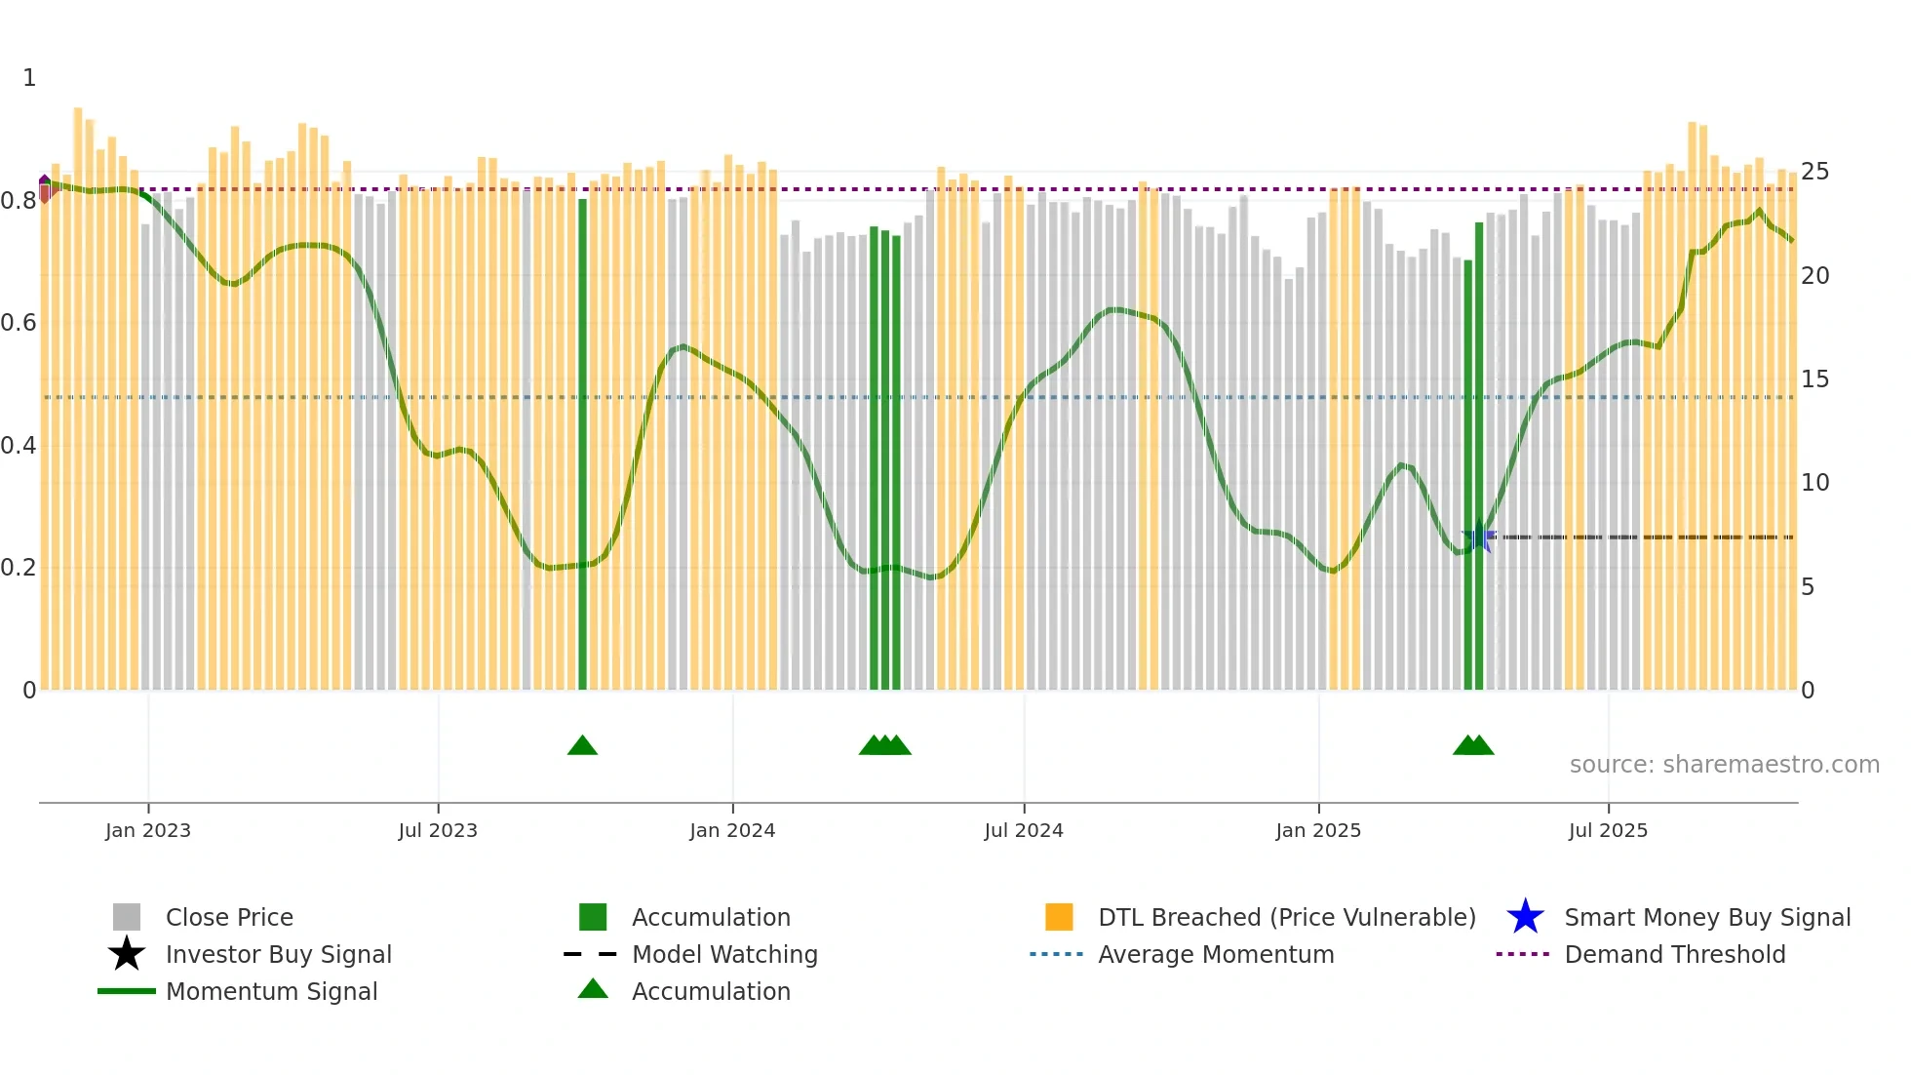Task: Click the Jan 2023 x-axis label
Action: pyautogui.click(x=148, y=830)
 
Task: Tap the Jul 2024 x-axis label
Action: pyautogui.click(x=1024, y=830)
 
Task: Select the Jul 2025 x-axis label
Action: pyautogui.click(x=1608, y=830)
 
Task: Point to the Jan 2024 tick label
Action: pyautogui.click(x=732, y=830)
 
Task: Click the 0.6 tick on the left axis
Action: pyautogui.click(x=19, y=323)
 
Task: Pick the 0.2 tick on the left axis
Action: pyautogui.click(x=19, y=568)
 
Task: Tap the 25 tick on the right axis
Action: pyautogui.click(x=1814, y=172)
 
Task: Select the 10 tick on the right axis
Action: pyautogui.click(x=1814, y=483)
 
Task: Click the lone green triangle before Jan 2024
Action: pyautogui.click(x=582, y=746)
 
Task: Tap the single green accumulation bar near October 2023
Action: pyautogui.click(x=583, y=444)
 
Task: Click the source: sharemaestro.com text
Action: pyautogui.click(x=1724, y=765)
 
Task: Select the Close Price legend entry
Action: pyautogui.click(x=229, y=918)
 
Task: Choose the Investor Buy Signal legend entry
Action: pyautogui.click(x=278, y=955)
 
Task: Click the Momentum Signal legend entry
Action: pyautogui.click(x=271, y=992)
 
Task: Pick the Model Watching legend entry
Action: pyautogui.click(x=724, y=955)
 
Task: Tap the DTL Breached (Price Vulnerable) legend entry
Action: pyautogui.click(x=1286, y=918)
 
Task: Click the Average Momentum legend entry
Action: pyautogui.click(x=1216, y=955)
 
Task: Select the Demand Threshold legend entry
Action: pyautogui.click(x=1674, y=955)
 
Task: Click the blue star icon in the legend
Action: pyautogui.click(x=1525, y=917)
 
